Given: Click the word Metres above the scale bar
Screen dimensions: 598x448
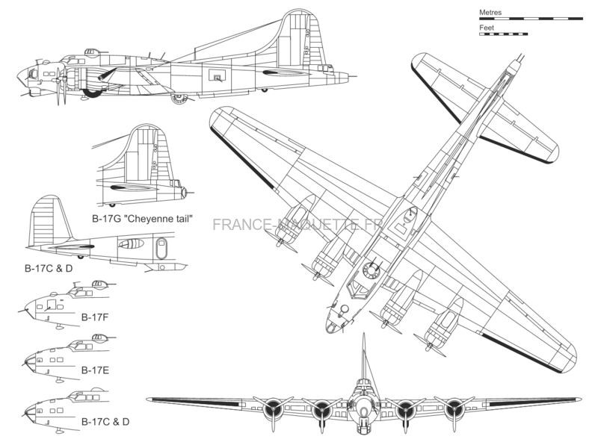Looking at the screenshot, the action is tap(490, 12).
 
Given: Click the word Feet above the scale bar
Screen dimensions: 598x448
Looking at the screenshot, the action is tap(487, 28).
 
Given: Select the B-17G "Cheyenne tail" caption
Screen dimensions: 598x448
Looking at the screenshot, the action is tap(142, 219).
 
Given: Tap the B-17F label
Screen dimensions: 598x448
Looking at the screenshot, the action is tap(95, 317).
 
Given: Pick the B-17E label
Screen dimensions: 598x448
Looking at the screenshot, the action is tap(96, 370).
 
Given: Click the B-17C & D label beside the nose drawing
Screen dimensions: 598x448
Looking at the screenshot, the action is tap(105, 422).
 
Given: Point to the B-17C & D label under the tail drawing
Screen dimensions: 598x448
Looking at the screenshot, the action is tap(49, 268).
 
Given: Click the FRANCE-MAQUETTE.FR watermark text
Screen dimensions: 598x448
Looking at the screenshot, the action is tap(298, 225).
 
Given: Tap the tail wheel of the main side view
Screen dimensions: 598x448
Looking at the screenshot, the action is tap(265, 90).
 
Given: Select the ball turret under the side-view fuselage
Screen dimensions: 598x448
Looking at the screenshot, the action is tap(179, 99).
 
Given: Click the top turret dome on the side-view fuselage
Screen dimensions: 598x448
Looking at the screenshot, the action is tap(90, 52).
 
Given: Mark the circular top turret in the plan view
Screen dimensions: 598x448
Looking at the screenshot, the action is tap(370, 270).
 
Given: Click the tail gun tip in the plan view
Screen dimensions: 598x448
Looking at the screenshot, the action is tap(521, 57).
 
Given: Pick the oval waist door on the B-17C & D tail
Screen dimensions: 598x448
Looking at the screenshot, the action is tap(161, 248).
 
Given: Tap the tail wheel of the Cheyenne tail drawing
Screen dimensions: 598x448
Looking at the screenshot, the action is tap(112, 205).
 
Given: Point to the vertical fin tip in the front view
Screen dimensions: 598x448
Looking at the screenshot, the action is tap(364, 334).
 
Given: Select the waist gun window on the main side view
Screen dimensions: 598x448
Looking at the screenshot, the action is tap(217, 75).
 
